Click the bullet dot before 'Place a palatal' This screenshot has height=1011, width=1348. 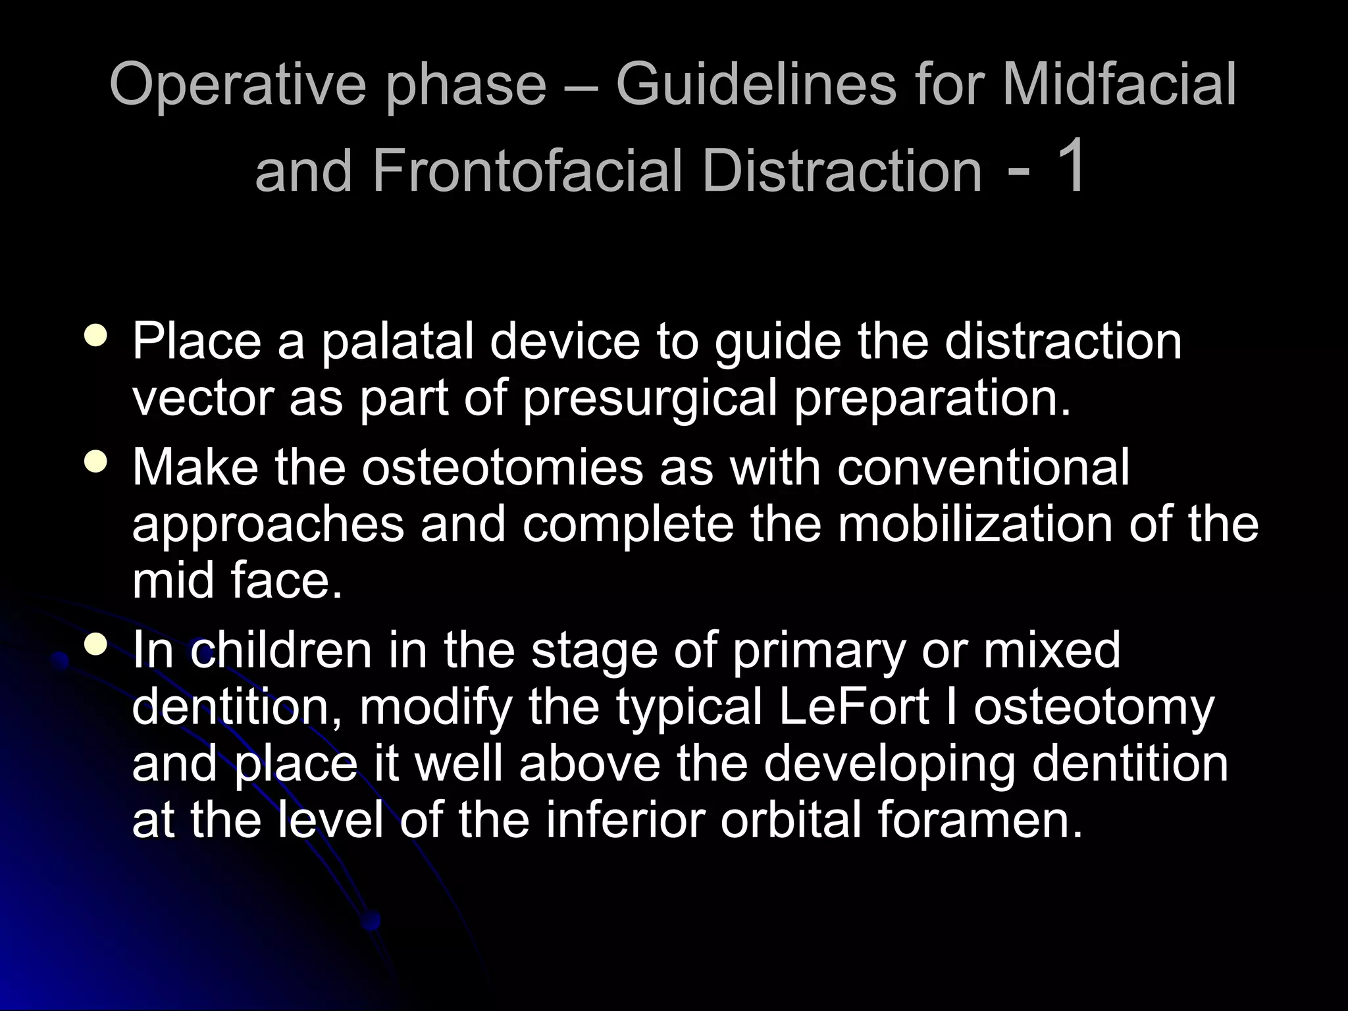(97, 337)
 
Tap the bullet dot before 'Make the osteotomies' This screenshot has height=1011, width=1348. (97, 462)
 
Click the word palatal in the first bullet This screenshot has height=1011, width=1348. (398, 342)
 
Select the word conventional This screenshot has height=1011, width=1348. (983, 467)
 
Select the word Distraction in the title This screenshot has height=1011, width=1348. (842, 170)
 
